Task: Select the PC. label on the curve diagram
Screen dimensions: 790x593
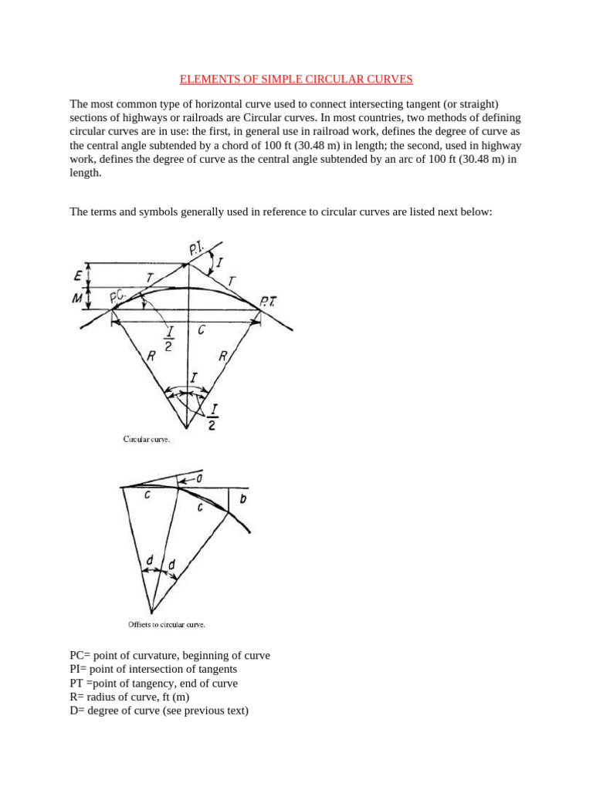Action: (119, 295)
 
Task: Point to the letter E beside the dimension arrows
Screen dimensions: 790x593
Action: (77, 274)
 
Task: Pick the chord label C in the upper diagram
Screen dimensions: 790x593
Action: (201, 330)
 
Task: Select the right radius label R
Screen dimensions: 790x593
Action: (224, 356)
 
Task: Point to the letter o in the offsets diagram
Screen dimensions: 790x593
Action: (198, 480)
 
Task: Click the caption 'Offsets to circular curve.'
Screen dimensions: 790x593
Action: (166, 625)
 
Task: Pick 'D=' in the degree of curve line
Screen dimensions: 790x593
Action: (79, 711)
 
